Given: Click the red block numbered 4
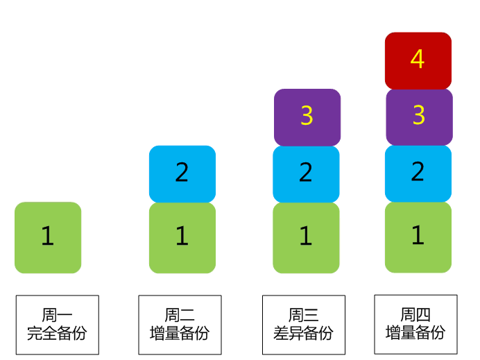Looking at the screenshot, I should [x=418, y=60].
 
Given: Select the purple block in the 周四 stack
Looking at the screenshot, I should [x=419, y=117].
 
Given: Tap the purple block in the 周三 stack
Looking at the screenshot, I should [x=307, y=117].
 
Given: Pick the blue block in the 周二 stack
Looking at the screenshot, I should [x=182, y=173].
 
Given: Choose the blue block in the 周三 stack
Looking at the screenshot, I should [x=306, y=173].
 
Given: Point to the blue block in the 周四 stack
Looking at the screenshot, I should [x=418, y=173].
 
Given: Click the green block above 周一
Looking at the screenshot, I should [x=47, y=237].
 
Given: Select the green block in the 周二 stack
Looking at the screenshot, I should [x=182, y=237].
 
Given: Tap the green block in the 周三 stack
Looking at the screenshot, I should [x=306, y=237].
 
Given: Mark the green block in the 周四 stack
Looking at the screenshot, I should [x=418, y=237].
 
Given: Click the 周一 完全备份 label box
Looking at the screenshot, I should [x=57, y=325].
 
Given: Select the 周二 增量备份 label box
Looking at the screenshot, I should [x=180, y=325].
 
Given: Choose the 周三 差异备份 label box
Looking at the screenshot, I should [x=303, y=325].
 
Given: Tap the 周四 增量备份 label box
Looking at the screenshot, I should [x=415, y=324].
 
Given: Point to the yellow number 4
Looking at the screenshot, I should [x=418, y=60].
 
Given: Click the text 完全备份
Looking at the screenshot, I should [x=57, y=334].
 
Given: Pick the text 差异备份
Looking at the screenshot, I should [x=303, y=334].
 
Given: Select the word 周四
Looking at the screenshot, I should [x=415, y=314].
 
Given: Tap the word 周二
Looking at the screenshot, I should [x=180, y=316].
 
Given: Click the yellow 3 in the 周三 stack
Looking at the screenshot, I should [x=307, y=117].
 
